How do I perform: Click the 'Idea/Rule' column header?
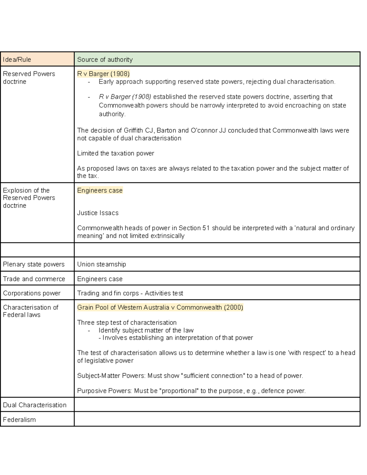point(17,60)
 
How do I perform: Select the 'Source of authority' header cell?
point(105,60)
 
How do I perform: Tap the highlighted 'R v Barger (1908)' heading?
point(103,74)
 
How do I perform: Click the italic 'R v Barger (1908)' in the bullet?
point(125,97)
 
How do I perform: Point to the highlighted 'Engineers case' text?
point(100,191)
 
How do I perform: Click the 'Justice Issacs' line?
point(98,213)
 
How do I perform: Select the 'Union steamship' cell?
point(102,264)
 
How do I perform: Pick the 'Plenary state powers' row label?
point(34,264)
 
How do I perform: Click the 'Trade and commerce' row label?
point(34,279)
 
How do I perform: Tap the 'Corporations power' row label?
point(32,293)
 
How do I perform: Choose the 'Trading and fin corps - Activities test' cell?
point(130,293)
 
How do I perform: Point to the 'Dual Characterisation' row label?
point(35,405)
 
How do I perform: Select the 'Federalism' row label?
point(19,420)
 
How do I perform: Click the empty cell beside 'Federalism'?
point(217,419)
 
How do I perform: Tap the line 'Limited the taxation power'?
point(116,153)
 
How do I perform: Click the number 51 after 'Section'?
point(206,228)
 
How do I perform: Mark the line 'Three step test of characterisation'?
point(127,323)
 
